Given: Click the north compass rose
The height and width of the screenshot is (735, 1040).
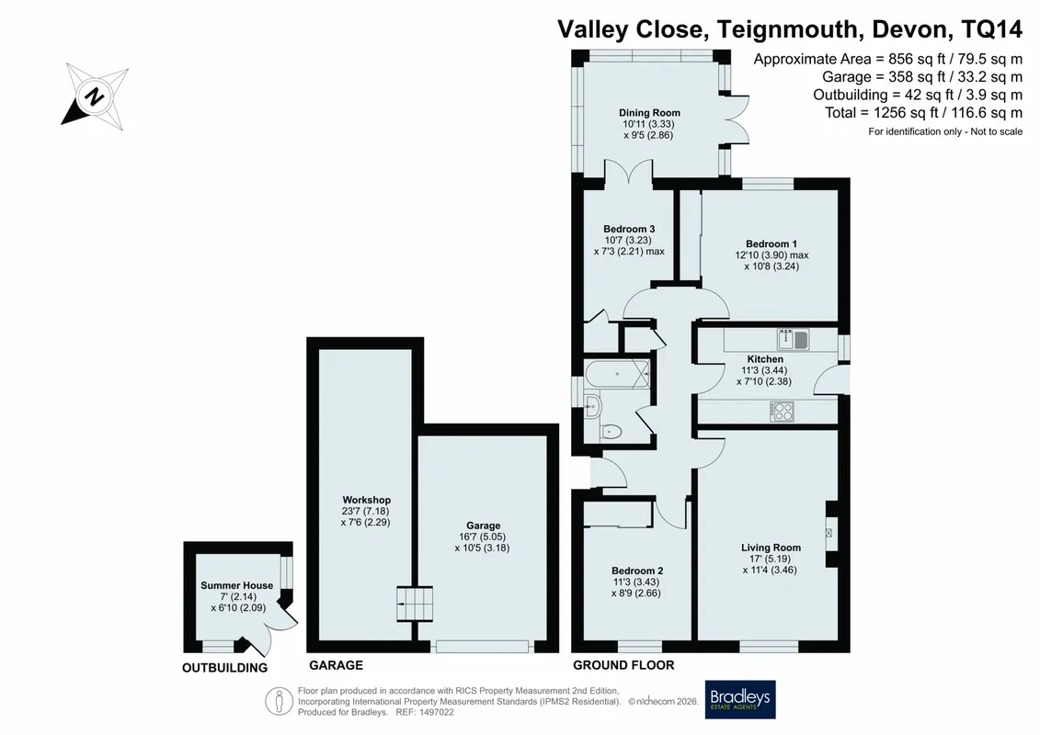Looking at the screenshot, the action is pyautogui.click(x=95, y=96).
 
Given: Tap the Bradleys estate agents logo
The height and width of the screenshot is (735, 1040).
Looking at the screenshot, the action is pyautogui.click(x=739, y=699).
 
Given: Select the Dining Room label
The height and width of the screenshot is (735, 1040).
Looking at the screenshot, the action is pyautogui.click(x=649, y=113).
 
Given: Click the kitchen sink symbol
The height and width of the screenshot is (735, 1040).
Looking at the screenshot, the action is pyautogui.click(x=794, y=339).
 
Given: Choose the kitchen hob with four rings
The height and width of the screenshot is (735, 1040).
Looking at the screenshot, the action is pyautogui.click(x=782, y=412).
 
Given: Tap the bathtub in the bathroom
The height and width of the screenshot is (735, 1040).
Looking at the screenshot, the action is pyautogui.click(x=618, y=375).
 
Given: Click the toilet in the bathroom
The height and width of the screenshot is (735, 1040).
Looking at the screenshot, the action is pyautogui.click(x=610, y=433).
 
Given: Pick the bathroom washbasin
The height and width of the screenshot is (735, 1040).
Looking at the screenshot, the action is pyautogui.click(x=591, y=404).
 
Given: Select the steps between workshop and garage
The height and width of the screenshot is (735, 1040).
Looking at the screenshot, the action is pyautogui.click(x=415, y=604).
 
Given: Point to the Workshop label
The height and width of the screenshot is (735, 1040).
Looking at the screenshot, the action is pyautogui.click(x=367, y=500).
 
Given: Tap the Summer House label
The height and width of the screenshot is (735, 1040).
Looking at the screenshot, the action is pyautogui.click(x=237, y=585).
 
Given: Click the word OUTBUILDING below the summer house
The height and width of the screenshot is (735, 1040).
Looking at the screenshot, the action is pyautogui.click(x=225, y=668).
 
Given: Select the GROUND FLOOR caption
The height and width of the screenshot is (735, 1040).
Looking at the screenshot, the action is pyautogui.click(x=623, y=665).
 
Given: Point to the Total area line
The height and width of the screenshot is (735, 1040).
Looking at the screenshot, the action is pyautogui.click(x=923, y=113).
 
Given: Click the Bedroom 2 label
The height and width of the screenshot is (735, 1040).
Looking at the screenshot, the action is pyautogui.click(x=637, y=571).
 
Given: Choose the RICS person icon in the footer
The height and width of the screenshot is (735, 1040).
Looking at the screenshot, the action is pyautogui.click(x=280, y=701).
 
